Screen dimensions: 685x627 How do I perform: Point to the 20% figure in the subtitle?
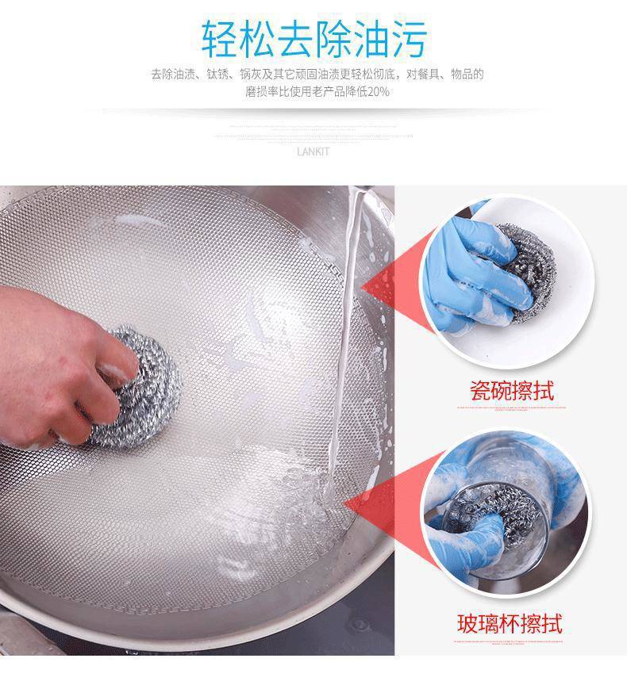[379, 92]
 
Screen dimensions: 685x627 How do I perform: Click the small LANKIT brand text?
[313, 152]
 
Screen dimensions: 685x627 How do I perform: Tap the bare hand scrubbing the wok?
[56, 357]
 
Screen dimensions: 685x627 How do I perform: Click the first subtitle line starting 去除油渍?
[317, 75]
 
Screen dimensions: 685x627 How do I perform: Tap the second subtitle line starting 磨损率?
[317, 92]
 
